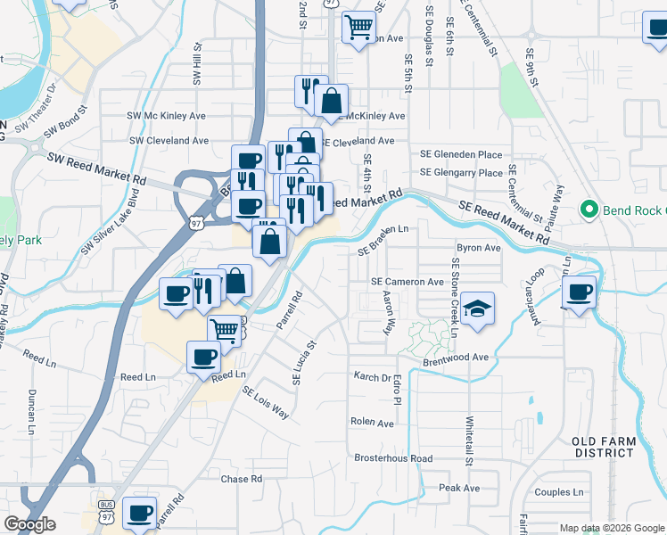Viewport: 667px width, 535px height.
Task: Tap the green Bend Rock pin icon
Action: coord(588,210)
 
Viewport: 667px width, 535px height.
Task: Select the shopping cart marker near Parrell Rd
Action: coord(225,332)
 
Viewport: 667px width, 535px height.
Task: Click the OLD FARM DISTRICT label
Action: coord(604,448)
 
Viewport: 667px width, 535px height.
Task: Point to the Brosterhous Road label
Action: coord(393,458)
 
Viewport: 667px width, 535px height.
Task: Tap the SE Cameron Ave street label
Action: coord(408,282)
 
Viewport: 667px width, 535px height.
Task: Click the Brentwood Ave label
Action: coord(457,357)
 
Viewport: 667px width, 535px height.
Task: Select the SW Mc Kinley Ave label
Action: coord(167,116)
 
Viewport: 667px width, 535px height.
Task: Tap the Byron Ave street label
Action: coord(478,248)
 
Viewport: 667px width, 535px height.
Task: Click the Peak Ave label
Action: coord(459,489)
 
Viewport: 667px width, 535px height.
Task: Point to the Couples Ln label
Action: coord(559,492)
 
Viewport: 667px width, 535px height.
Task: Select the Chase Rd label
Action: coord(242,479)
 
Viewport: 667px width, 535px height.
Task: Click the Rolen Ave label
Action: coord(373,423)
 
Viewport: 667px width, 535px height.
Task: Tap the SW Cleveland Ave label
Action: coord(169,141)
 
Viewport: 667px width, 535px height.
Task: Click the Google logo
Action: coord(29,524)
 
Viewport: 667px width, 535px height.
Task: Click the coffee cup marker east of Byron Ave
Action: coord(579,292)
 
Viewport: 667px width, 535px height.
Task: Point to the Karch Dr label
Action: coord(372,377)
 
